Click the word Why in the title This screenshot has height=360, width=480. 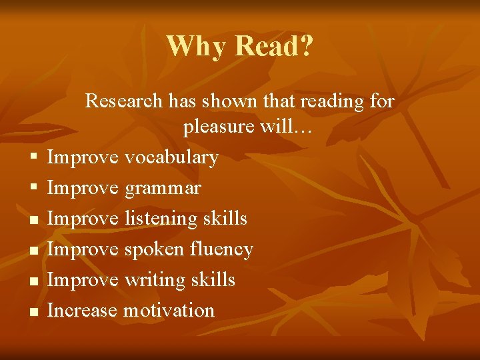(x=197, y=47)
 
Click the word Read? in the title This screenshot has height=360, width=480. (x=274, y=47)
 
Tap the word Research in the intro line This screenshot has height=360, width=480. (x=124, y=101)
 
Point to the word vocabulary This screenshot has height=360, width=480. (x=171, y=157)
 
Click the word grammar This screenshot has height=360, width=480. (x=162, y=189)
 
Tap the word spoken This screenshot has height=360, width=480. (x=155, y=249)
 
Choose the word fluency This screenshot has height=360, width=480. (x=222, y=249)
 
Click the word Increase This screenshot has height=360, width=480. (x=82, y=310)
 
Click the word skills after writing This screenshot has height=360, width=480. (x=212, y=279)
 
